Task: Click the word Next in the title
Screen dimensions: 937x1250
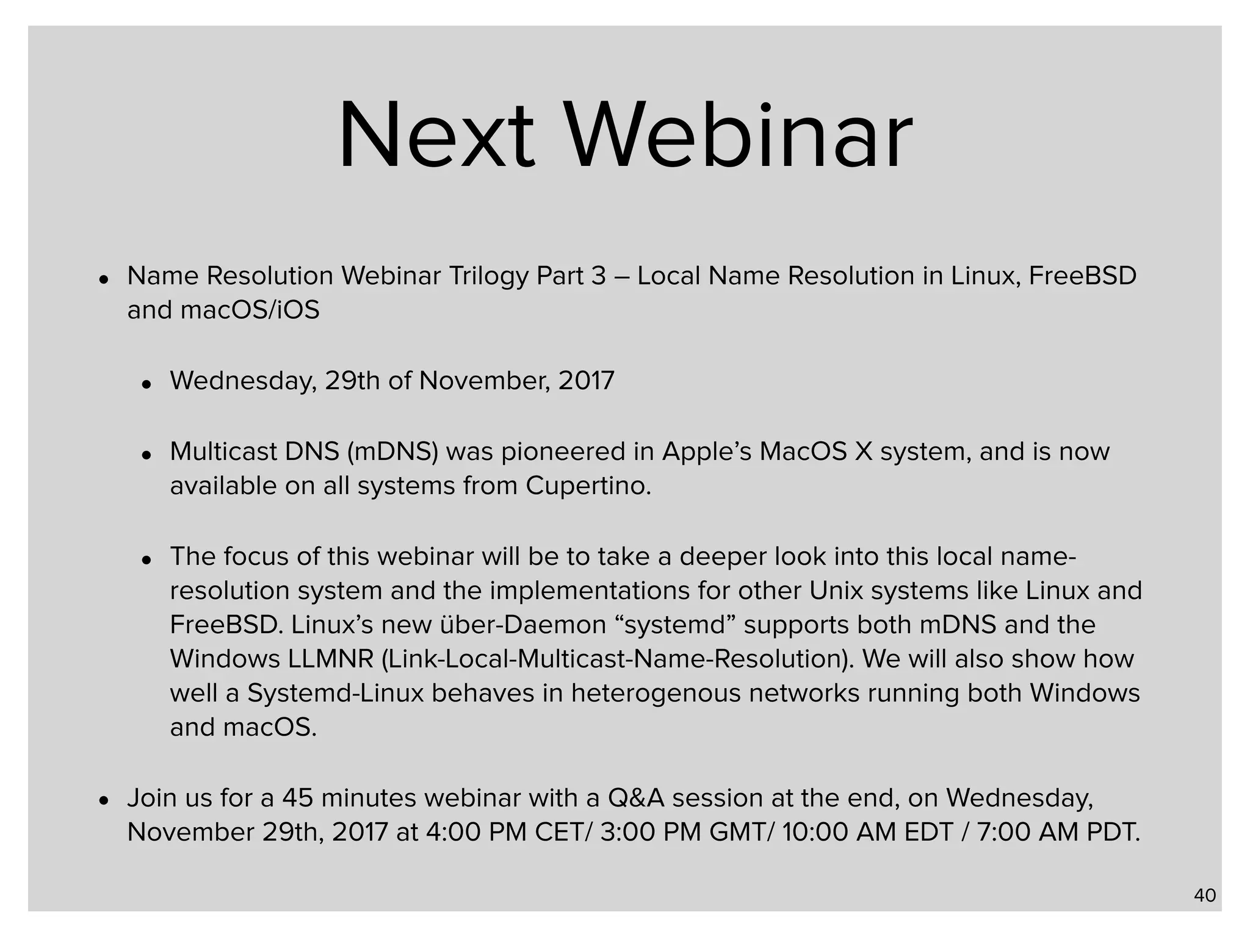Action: coord(436,135)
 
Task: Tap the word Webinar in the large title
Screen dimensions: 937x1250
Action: coord(740,135)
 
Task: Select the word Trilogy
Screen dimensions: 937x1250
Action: coord(489,276)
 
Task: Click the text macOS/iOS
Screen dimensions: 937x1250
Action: coord(250,311)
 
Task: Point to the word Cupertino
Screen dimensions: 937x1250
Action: coord(588,486)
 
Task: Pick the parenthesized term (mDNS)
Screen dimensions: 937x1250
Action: coord(392,452)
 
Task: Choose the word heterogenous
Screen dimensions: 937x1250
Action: coord(656,694)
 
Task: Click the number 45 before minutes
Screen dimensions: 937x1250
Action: coord(298,799)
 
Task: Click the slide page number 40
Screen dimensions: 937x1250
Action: coord(1205,896)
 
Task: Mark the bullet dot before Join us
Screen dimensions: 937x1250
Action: coord(104,800)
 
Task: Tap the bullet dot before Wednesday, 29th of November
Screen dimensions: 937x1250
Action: coord(146,384)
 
